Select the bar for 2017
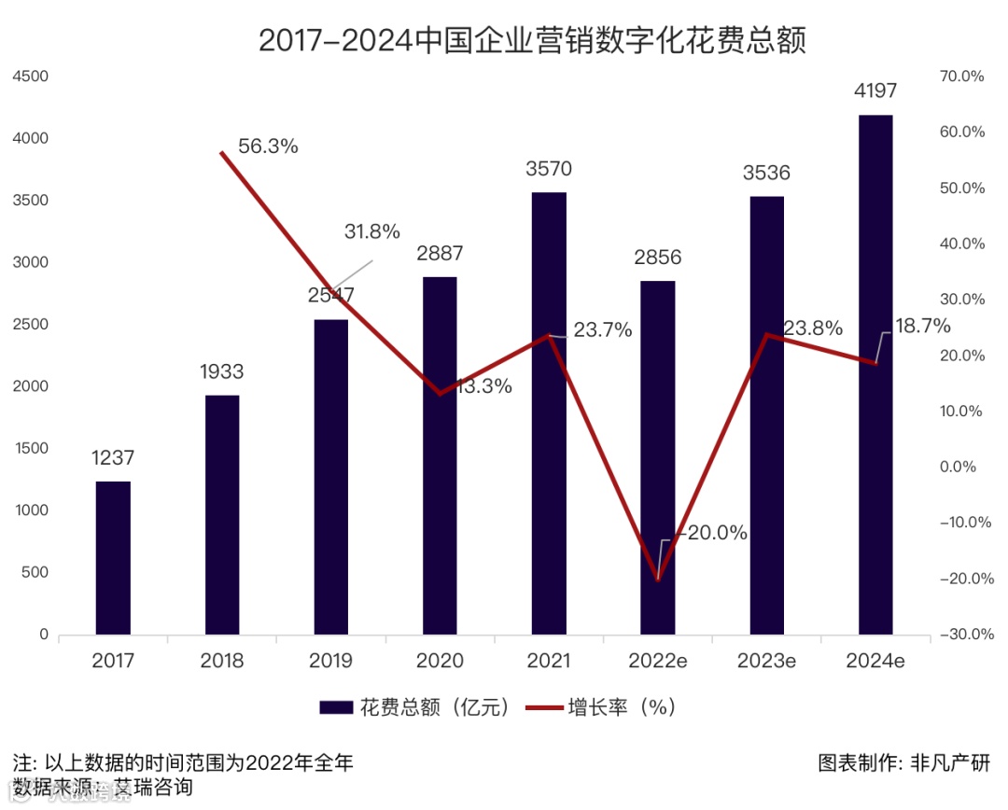tap(113, 558)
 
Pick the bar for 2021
tap(549, 413)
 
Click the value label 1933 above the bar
tap(221, 371)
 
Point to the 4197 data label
tap(875, 91)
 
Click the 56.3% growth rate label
tap(268, 147)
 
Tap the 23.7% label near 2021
tap(602, 329)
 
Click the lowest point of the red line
tap(658, 580)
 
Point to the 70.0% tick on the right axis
tap(961, 77)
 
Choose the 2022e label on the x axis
tap(657, 662)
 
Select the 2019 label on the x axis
tap(330, 662)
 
